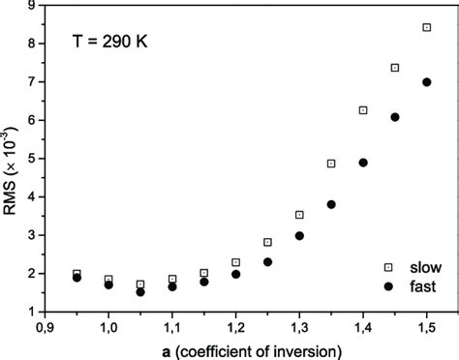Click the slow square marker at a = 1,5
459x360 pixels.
coord(426,28)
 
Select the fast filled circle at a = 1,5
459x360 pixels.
coord(426,82)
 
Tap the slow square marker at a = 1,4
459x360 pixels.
coord(363,110)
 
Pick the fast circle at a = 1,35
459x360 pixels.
coord(331,204)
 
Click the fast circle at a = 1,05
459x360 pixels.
coord(140,291)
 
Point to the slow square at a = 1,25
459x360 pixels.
coord(267,242)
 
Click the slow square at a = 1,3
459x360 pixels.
coord(299,215)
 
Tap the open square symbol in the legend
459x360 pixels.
coord(388,267)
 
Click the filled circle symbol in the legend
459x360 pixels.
coord(388,286)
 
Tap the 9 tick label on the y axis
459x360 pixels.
coord(34,6)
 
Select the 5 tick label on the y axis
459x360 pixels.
coord(34,159)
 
